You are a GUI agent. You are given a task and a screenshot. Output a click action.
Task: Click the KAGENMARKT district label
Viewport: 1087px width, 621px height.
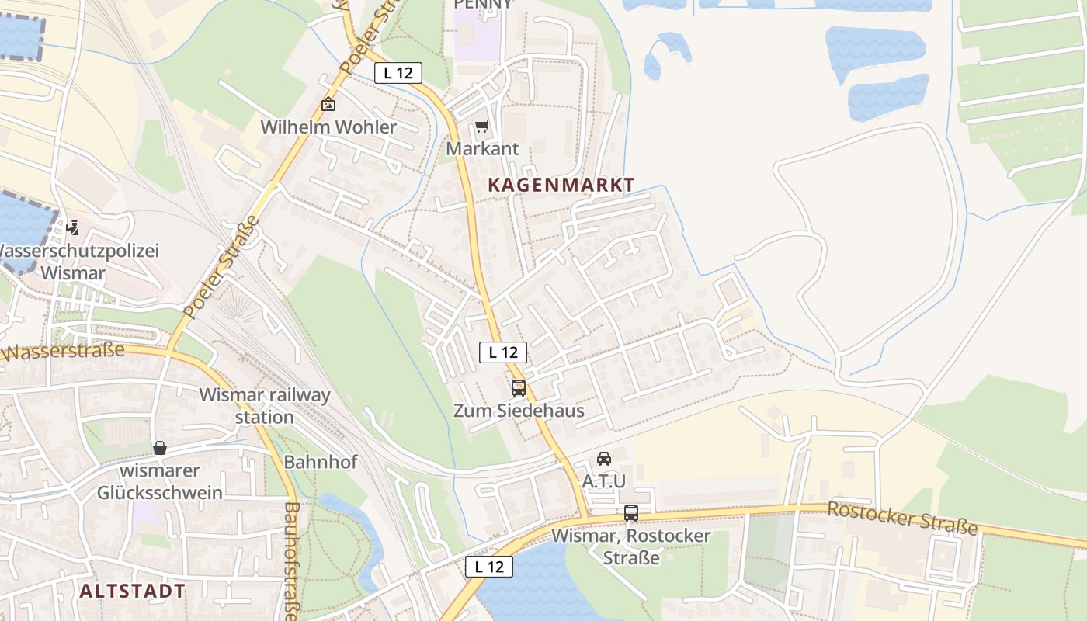coord(561,186)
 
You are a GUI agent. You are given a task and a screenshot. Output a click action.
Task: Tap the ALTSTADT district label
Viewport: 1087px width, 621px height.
coord(132,591)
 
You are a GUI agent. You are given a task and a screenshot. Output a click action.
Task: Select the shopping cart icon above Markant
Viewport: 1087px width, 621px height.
coord(481,126)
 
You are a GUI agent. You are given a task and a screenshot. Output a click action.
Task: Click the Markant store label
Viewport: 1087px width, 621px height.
coord(482,148)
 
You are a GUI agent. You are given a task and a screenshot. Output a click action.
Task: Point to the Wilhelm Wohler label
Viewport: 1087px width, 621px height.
coord(328,127)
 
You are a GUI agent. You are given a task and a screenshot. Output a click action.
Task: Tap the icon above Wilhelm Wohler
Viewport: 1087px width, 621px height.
coord(328,104)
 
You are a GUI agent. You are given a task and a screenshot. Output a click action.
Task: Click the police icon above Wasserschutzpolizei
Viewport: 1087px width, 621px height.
coord(72,228)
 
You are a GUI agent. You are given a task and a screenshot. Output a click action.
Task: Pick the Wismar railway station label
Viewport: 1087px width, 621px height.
coord(265,405)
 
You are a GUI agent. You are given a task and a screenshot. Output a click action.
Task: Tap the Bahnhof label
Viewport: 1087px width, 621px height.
coord(321,462)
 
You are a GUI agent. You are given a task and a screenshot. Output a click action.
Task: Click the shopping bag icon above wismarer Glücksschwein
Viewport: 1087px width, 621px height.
coord(160,448)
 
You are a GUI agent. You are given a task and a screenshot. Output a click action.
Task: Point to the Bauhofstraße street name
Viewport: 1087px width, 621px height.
coord(292,560)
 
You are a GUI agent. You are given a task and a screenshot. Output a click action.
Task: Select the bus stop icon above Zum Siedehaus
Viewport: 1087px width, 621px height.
coord(518,388)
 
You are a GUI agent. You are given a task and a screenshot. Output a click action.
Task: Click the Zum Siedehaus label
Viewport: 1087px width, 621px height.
coord(519,411)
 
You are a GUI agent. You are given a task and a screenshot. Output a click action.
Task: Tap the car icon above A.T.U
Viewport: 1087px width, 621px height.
coord(604,459)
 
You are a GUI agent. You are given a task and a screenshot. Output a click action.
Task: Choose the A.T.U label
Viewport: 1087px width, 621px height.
coord(604,481)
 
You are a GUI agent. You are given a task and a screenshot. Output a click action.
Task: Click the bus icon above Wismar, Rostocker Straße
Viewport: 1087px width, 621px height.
coord(631,513)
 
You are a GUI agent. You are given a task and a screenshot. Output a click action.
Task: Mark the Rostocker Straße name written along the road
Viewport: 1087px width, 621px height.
coord(902,518)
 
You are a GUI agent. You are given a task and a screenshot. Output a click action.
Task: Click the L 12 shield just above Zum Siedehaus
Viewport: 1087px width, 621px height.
coord(503,352)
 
